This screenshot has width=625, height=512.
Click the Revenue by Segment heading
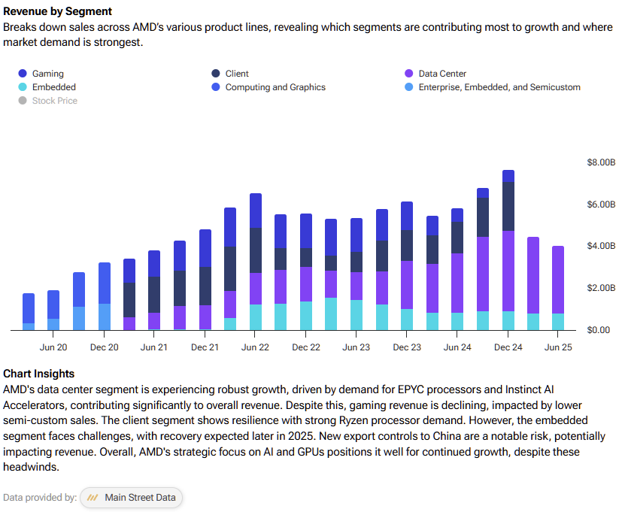[x=58, y=11]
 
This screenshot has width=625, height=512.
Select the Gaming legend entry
[x=47, y=74]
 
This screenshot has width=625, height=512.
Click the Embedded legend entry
[x=53, y=87]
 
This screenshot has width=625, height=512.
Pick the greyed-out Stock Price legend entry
[x=54, y=101]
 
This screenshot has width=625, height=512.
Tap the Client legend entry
[x=237, y=74]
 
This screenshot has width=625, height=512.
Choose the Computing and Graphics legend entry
[x=275, y=87]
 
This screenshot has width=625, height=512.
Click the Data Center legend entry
[x=442, y=74]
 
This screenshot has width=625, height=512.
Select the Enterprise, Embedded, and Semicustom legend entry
[x=499, y=87]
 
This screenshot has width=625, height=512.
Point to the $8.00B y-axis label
[x=601, y=162]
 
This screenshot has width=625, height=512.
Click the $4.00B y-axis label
[x=601, y=246]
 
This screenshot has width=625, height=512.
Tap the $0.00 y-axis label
[x=601, y=330]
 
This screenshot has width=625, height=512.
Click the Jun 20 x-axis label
[x=53, y=347]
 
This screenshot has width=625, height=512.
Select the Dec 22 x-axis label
[x=306, y=347]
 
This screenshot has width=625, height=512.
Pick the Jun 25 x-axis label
[x=558, y=347]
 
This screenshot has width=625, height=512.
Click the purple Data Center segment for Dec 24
[x=508, y=271]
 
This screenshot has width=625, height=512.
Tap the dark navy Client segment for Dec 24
[x=508, y=206]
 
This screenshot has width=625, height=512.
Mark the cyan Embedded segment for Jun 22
[x=256, y=317]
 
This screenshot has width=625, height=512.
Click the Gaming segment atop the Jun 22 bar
[x=256, y=211]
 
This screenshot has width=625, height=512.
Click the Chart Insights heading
[x=39, y=374]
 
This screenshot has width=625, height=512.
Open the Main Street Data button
[x=132, y=498]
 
